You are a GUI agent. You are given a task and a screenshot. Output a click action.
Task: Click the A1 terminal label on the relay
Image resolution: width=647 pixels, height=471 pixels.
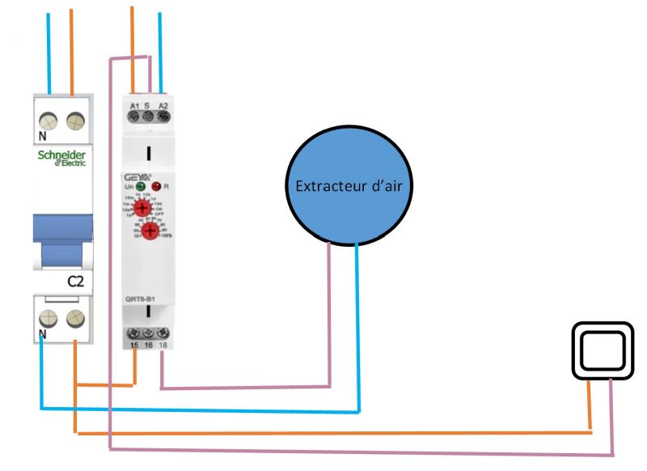pyautogui.click(x=135, y=106)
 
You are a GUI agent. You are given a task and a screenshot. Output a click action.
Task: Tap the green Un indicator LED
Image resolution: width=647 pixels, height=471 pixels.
pyautogui.click(x=140, y=186)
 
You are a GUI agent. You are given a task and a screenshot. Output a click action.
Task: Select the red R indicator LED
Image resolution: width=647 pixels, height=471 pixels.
pyautogui.click(x=156, y=186)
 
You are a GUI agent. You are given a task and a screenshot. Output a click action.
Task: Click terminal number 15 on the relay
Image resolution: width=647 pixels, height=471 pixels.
pyautogui.click(x=134, y=346)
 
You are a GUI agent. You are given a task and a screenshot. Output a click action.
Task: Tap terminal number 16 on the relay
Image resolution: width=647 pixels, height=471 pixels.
pyautogui.click(x=149, y=346)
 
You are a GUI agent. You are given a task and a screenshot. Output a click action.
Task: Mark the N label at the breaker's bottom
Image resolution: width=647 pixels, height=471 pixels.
pyautogui.click(x=41, y=333)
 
